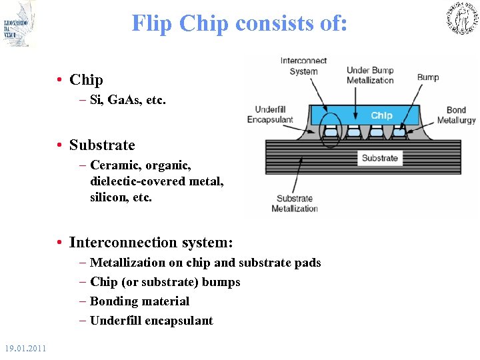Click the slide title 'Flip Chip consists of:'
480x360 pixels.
tap(239, 23)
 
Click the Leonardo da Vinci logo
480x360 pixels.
tap(19, 24)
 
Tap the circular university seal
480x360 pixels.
tap(461, 19)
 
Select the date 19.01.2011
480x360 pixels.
tap(25, 349)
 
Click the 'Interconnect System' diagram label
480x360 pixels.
tap(303, 66)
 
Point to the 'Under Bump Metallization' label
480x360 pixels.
tap(370, 75)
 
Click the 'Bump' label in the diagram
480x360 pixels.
tap(428, 77)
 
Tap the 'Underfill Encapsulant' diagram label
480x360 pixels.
tap(270, 115)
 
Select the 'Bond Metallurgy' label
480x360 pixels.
tap(457, 115)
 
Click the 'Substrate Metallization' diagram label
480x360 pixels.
tap(294, 203)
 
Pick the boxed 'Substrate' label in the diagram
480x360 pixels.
tap(379, 158)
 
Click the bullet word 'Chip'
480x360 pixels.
tap(86, 80)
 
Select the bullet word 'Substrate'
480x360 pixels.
tap(102, 145)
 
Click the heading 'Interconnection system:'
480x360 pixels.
tap(151, 243)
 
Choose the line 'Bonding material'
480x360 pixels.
tap(139, 301)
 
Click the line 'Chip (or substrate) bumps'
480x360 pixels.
tap(165, 282)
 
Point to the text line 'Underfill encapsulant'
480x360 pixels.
tap(151, 321)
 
